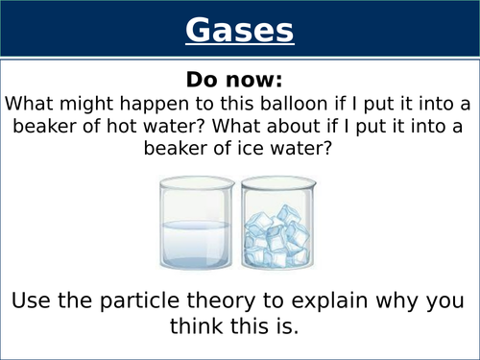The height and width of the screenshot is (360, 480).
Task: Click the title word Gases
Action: (239, 31)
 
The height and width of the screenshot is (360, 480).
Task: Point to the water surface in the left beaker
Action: (193, 224)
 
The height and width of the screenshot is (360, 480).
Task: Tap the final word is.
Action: (287, 326)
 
